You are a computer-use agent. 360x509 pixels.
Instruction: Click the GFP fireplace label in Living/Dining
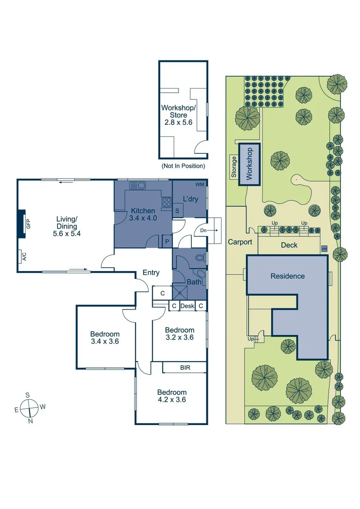click(28, 224)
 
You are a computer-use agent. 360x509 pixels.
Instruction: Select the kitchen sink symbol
click(139, 185)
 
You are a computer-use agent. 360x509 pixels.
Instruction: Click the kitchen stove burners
click(166, 202)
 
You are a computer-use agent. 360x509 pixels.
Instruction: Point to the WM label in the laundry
click(200, 184)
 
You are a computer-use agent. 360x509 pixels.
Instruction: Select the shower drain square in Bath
click(180, 292)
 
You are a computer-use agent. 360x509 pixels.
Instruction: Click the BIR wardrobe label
click(185, 367)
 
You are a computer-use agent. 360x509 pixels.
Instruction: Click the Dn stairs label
click(203, 230)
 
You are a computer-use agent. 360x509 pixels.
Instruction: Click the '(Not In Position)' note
click(183, 166)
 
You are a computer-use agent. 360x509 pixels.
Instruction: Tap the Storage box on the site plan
click(234, 167)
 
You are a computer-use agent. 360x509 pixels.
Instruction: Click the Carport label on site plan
click(240, 242)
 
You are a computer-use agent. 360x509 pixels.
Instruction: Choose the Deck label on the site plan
click(289, 245)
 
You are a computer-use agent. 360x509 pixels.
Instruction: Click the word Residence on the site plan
click(287, 276)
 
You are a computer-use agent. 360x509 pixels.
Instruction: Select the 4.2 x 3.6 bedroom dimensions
click(172, 400)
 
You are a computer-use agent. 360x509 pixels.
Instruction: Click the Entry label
click(151, 272)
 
